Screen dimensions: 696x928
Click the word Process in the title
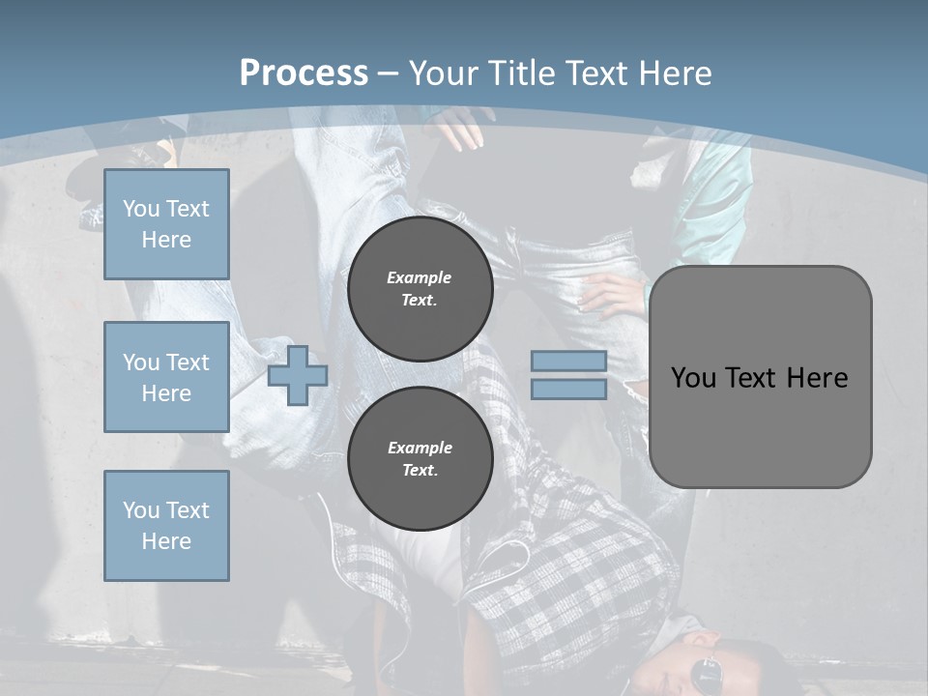click(x=304, y=72)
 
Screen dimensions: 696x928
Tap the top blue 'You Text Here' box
click(x=166, y=224)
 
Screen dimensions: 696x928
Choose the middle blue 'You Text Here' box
click(x=166, y=377)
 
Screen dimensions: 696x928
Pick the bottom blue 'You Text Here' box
click(x=166, y=526)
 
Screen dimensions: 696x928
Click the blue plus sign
click(x=298, y=375)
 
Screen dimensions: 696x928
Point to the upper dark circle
click(x=420, y=288)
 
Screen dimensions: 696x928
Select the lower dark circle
click(x=420, y=458)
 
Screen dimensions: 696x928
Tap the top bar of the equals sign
click(x=568, y=361)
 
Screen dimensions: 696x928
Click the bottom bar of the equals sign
click(x=568, y=389)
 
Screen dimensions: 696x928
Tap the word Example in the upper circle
click(x=420, y=277)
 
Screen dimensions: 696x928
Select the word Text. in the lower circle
click(x=420, y=471)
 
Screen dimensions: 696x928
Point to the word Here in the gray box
click(x=817, y=377)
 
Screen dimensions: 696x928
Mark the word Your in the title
click(x=443, y=72)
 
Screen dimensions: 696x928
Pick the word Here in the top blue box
click(x=166, y=240)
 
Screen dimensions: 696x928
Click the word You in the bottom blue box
click(x=140, y=510)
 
